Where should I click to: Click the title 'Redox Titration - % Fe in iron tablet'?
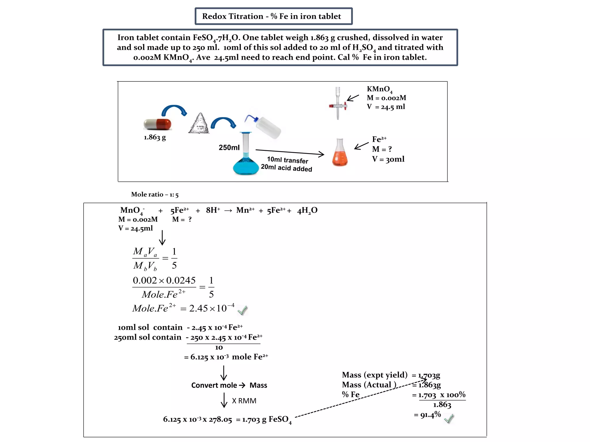[x=271, y=16]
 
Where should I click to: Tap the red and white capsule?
[x=157, y=124]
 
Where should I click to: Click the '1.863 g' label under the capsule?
[x=155, y=137]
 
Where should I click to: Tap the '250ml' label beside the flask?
[x=229, y=148]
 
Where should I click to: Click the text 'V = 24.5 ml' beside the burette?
[x=386, y=107]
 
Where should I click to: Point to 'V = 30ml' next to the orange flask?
[x=388, y=159]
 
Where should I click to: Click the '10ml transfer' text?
[x=287, y=160]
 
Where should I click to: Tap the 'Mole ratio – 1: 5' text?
[x=155, y=195]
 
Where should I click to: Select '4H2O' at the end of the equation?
[x=307, y=211]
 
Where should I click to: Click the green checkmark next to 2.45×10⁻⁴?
[x=242, y=310]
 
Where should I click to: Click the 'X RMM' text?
[x=244, y=401]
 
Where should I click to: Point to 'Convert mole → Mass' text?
[x=229, y=385]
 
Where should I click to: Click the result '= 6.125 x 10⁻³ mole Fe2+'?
[x=226, y=357]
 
